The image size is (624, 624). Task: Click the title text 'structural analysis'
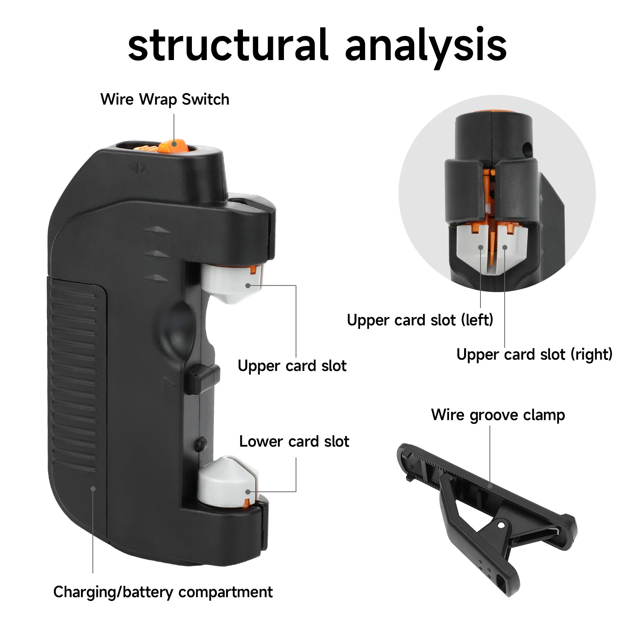[317, 46]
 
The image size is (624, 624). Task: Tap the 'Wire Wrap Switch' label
[165, 99]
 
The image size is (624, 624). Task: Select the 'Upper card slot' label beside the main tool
[292, 366]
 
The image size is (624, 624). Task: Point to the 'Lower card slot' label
[294, 441]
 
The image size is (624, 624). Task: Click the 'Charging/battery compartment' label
[163, 592]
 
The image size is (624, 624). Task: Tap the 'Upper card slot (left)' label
[420, 320]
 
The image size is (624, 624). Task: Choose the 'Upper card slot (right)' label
[534, 355]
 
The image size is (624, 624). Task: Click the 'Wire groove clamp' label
[498, 415]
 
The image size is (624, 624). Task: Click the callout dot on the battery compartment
[93, 489]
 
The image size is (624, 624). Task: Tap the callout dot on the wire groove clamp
[490, 486]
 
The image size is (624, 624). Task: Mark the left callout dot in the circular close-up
[480, 247]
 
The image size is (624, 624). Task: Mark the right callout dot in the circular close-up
[505, 247]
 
